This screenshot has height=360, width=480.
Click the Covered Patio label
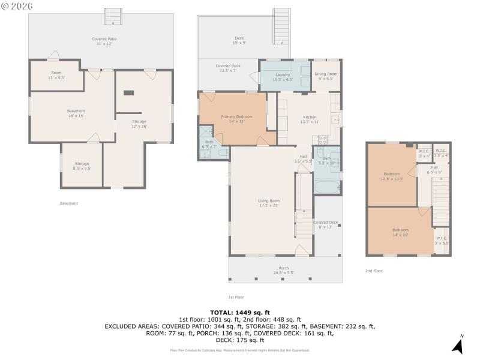pyautogui.click(x=104, y=41)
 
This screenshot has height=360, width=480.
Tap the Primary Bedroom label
pyautogui.click(x=236, y=119)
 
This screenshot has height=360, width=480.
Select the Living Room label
pyautogui.click(x=269, y=203)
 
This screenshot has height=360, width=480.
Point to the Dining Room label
pyautogui.click(x=326, y=76)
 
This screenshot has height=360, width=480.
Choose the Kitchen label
pyautogui.click(x=310, y=119)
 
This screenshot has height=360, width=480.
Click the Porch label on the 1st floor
pyautogui.click(x=284, y=271)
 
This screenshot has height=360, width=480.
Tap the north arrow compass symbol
pyautogui.click(x=458, y=344)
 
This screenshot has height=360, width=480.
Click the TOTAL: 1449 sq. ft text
pyautogui.click(x=239, y=313)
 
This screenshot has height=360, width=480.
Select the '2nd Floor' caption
pyautogui.click(x=374, y=271)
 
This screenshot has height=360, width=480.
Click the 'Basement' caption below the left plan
pyautogui.click(x=69, y=203)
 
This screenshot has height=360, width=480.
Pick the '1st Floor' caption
pyautogui.click(x=236, y=297)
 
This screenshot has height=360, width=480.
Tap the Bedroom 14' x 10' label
pyautogui.click(x=400, y=232)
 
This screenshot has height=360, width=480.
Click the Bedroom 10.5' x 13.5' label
pyautogui.click(x=392, y=176)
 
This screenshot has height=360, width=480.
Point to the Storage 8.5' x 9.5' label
pyautogui.click(x=82, y=166)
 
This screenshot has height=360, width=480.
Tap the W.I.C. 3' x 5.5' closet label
pyautogui.click(x=442, y=241)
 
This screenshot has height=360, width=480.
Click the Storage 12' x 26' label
pyautogui.click(x=139, y=124)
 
